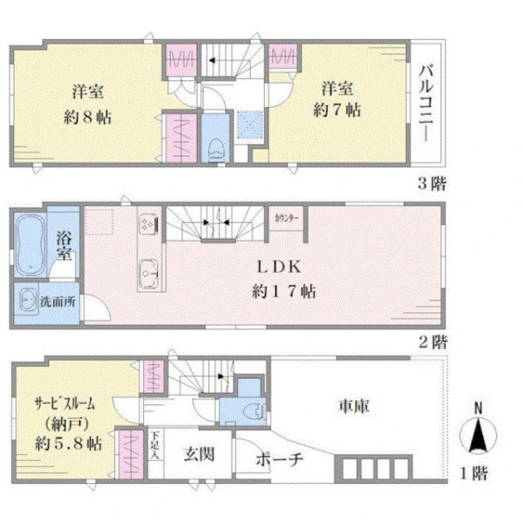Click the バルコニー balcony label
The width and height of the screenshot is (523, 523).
(426, 103)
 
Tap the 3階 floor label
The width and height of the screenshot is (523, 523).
(432, 183)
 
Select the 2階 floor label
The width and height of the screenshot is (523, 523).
(433, 342)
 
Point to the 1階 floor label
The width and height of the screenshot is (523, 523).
(474, 473)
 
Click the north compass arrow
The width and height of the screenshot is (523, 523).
(478, 436)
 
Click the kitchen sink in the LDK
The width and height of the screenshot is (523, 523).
(148, 274)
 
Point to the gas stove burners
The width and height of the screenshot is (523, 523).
(148, 222)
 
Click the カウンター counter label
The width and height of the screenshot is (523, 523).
(286, 219)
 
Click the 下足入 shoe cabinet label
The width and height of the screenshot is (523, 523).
(155, 445)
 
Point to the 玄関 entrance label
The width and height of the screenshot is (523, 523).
(199, 454)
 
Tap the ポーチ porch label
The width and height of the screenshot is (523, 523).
(280, 459)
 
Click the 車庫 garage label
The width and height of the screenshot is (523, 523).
(354, 406)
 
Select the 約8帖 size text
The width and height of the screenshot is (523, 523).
(88, 117)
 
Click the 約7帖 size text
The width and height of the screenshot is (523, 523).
(336, 110)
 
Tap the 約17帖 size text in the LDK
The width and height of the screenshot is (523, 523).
(284, 292)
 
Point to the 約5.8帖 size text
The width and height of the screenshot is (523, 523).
(69, 444)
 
